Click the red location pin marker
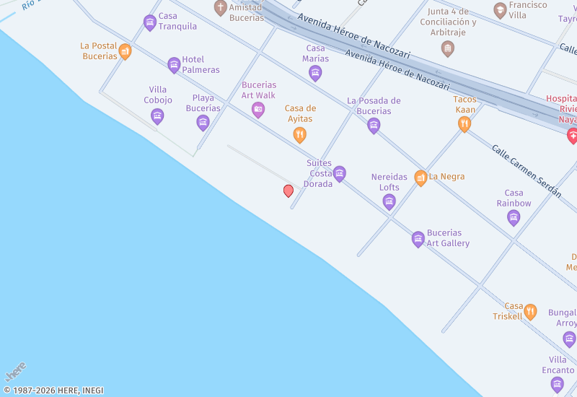click(x=288, y=191)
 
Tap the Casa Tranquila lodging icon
click(x=150, y=23)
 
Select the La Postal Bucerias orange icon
click(x=125, y=51)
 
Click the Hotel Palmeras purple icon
click(x=174, y=66)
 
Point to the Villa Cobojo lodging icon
click(x=157, y=116)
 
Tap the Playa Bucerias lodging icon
click(x=203, y=123)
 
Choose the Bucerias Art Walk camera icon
click(x=258, y=110)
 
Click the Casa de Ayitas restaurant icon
click(x=299, y=135)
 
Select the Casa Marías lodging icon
click(x=315, y=73)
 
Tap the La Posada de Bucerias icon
click(x=374, y=126)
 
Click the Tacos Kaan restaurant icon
click(x=464, y=125)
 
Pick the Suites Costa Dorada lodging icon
click(x=340, y=174)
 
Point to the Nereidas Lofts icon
click(x=389, y=202)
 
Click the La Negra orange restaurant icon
click(x=420, y=178)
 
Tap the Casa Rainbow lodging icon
click(x=514, y=218)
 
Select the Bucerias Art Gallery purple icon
click(x=418, y=240)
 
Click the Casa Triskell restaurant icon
click(x=530, y=312)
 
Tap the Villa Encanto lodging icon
click(x=558, y=385)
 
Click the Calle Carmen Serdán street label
click(x=526, y=170)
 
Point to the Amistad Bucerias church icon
click(x=221, y=8)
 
